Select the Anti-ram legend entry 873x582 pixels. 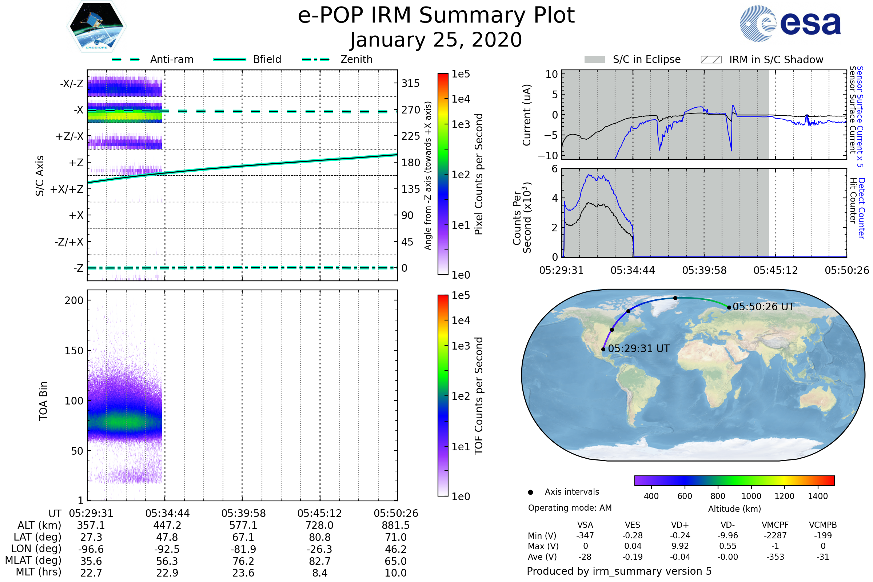(171, 59)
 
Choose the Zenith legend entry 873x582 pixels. (356, 59)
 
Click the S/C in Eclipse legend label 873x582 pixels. (646, 59)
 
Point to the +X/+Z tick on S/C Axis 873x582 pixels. (67, 189)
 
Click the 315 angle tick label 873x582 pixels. (411, 83)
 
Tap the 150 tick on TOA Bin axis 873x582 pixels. (74, 350)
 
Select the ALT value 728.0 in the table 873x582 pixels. (319, 525)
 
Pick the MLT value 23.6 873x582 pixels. (243, 573)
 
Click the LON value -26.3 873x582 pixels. (319, 549)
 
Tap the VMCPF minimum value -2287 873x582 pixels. (775, 535)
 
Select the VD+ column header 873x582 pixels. (680, 525)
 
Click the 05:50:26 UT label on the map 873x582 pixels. (763, 307)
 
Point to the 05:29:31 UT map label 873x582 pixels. (638, 348)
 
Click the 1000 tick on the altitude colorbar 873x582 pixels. (751, 496)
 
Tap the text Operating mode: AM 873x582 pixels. (570, 508)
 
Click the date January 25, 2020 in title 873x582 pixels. (436, 40)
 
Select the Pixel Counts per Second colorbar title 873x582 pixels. (479, 174)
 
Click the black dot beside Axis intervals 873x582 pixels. (530, 492)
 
